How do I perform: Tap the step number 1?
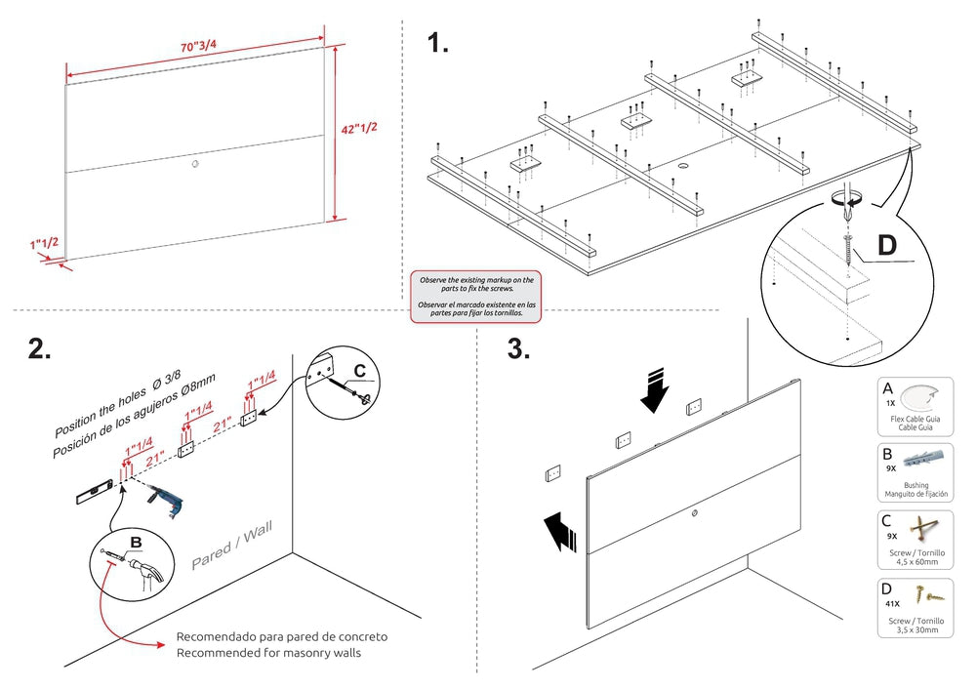point(437,44)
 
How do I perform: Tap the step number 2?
point(39,349)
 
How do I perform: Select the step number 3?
point(518,349)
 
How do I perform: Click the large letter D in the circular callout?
point(886,244)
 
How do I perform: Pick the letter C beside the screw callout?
point(359,370)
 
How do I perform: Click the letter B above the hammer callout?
point(137,543)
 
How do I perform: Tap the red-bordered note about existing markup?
point(476,297)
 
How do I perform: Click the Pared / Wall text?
point(231,547)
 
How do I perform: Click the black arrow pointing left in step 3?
point(564,533)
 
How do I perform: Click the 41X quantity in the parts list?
point(892,604)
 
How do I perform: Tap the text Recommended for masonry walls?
point(268,653)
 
